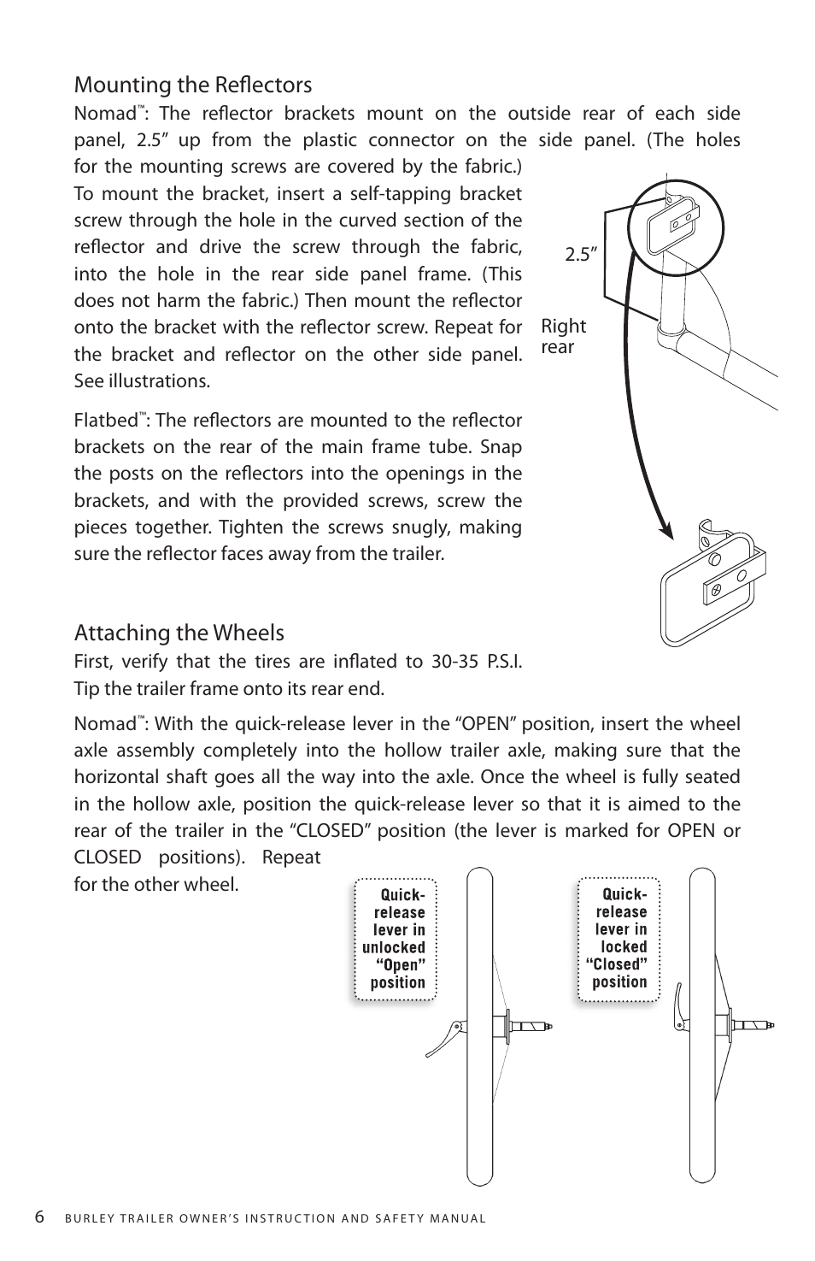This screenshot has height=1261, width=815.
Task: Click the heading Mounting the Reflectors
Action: [x=193, y=85]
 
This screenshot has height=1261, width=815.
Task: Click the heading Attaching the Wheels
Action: [x=179, y=633]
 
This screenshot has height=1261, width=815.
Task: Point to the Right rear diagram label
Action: [x=563, y=336]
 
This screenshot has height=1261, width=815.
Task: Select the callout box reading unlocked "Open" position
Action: [x=396, y=938]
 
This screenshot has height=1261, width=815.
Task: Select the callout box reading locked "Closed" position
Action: [x=619, y=938]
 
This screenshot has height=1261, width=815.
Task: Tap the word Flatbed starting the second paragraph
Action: [x=106, y=421]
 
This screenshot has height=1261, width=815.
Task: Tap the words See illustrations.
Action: [x=142, y=380]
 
